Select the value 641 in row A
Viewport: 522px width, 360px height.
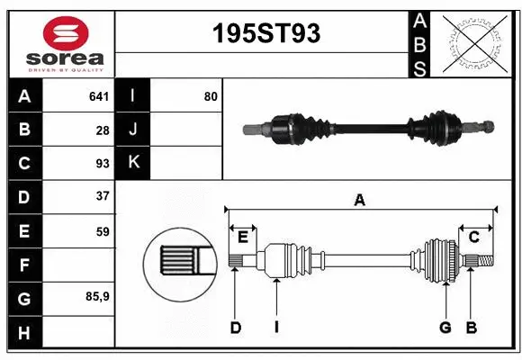click(98, 95)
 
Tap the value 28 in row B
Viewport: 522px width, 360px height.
click(102, 130)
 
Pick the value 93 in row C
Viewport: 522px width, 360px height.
click(102, 164)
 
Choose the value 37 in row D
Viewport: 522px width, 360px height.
click(102, 195)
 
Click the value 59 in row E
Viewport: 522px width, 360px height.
click(102, 231)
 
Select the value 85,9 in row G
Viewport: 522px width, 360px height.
click(98, 296)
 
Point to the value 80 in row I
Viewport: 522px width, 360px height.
click(210, 95)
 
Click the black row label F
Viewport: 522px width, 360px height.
click(23, 265)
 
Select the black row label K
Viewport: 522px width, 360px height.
click(133, 163)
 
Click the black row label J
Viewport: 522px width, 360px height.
click(133, 130)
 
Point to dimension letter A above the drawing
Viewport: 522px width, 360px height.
click(360, 201)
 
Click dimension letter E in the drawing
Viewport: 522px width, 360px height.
click(243, 237)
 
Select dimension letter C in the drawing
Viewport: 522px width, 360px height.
click(473, 237)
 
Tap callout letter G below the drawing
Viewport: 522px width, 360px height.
click(445, 328)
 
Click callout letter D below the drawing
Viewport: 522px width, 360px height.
click(235, 328)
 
